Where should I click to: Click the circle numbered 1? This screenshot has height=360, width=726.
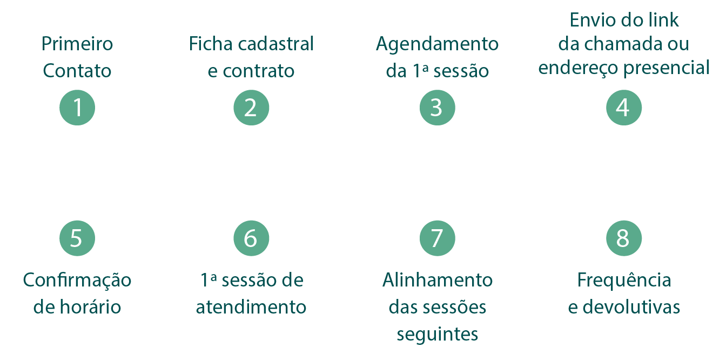point(77,107)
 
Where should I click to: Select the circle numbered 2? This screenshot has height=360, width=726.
point(251,107)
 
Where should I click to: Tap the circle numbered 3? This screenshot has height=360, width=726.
point(437,107)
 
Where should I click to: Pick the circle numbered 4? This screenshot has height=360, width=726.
point(623,107)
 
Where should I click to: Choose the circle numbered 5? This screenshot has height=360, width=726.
point(77,237)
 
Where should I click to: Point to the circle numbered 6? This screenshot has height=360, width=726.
point(251,237)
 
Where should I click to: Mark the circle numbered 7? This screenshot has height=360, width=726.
point(437,237)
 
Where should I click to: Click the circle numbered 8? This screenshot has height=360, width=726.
point(623,237)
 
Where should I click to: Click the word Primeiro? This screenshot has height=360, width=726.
point(77,44)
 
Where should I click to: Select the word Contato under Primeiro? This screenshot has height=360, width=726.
point(77,71)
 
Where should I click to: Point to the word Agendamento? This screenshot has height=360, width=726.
point(437,44)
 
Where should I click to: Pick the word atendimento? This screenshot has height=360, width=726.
point(251,308)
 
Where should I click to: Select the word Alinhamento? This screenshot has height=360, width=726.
point(438,281)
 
